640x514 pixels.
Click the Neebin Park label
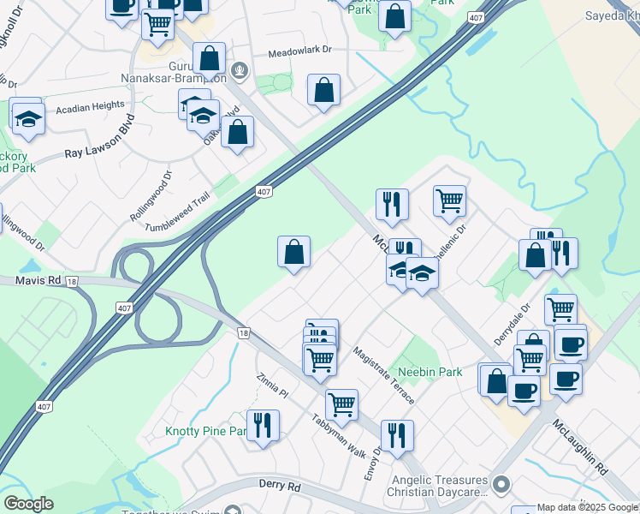(x=430, y=372)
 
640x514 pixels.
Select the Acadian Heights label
(x=90, y=105)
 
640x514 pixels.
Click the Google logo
(x=28, y=504)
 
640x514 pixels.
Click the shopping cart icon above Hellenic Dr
(x=449, y=200)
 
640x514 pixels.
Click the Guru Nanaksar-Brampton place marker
(x=240, y=71)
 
